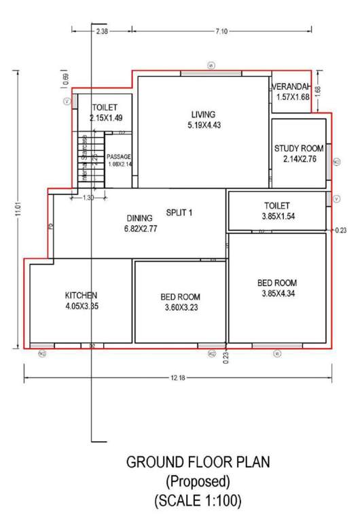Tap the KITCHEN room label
tap(82, 295)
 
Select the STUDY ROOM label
tap(298, 148)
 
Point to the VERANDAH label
tap(293, 88)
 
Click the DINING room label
tap(140, 218)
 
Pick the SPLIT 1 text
tap(180, 212)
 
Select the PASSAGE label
tap(118, 157)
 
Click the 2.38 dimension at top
tap(102, 31)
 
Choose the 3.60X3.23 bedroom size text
tap(180, 307)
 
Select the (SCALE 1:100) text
tap(198, 502)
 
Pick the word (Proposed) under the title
tap(198, 483)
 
